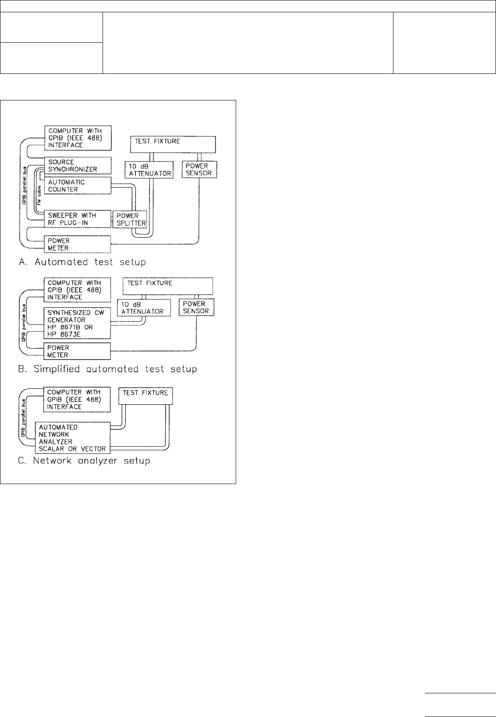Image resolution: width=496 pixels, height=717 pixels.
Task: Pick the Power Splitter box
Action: pyautogui.click(x=130, y=219)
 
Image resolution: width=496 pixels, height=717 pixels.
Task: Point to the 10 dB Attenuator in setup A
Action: pyautogui.click(x=149, y=169)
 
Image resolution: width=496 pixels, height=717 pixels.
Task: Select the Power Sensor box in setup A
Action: pyautogui.click(x=199, y=169)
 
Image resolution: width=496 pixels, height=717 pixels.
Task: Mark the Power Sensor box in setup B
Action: pyautogui.click(x=196, y=307)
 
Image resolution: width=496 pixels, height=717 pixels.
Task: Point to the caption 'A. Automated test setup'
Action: pyautogui.click(x=82, y=262)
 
